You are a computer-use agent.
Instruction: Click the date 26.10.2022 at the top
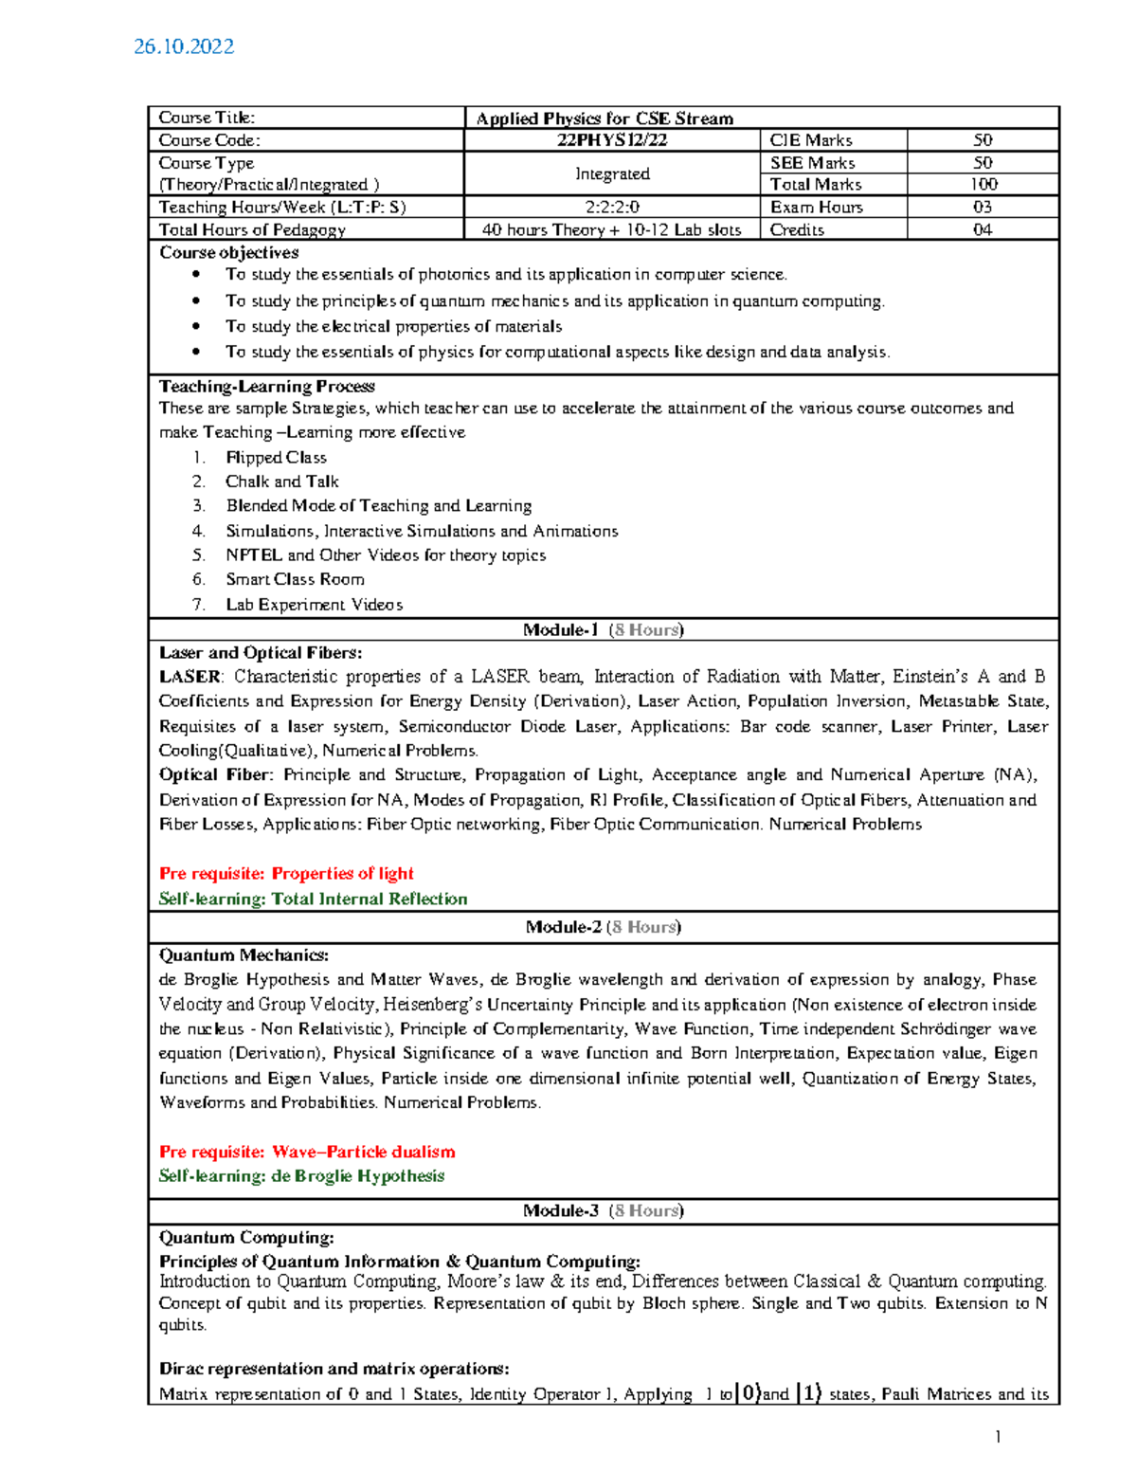[x=184, y=46]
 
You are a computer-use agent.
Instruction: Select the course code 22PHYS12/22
[x=612, y=140]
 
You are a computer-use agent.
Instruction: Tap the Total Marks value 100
[x=983, y=185]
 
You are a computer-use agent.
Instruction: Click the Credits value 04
[x=983, y=229]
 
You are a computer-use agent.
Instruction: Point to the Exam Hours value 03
[x=983, y=207]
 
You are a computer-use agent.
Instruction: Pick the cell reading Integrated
[x=612, y=173]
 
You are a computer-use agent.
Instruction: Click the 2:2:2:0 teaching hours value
[x=612, y=207]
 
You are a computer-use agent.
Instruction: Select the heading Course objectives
[x=228, y=253]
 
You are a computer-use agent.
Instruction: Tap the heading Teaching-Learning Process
[x=266, y=387]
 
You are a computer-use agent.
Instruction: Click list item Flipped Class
[x=276, y=458]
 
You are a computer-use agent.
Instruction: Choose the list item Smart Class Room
[x=295, y=579]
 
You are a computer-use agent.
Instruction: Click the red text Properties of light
[x=342, y=874]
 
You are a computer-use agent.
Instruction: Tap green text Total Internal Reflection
[x=370, y=899]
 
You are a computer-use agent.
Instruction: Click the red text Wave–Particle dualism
[x=363, y=1152]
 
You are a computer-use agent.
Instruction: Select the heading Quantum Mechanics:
[x=244, y=955]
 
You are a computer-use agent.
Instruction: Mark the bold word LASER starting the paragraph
[x=189, y=677]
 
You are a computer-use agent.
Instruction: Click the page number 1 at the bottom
[x=998, y=1437]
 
